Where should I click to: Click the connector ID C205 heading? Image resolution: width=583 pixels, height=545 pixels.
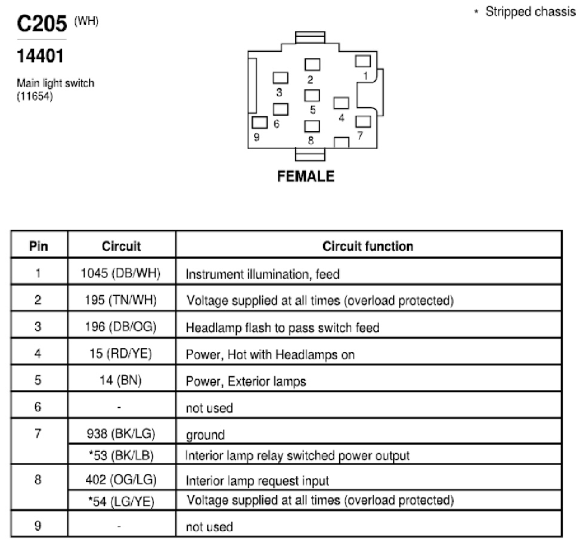(x=42, y=23)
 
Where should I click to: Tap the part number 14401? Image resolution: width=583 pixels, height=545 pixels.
(x=40, y=56)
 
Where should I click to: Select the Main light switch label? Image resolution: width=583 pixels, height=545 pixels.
(x=55, y=83)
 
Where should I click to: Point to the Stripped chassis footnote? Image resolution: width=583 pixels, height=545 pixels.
(x=525, y=11)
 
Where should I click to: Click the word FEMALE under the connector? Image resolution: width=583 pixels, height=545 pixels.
(x=306, y=176)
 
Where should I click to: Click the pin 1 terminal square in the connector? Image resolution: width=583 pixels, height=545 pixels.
(x=363, y=61)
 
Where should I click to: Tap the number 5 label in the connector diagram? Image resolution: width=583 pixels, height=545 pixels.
(x=313, y=110)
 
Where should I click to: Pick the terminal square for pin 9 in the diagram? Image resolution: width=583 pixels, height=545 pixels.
(x=259, y=122)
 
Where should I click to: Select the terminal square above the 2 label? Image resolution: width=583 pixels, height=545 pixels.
(x=312, y=64)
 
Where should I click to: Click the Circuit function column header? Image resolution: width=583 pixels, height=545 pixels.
(x=368, y=246)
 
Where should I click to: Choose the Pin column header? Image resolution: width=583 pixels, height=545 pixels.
(x=39, y=246)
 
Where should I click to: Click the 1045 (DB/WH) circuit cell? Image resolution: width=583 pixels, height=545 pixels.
(x=120, y=273)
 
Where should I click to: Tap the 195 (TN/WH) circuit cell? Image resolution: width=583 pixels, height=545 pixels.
(x=120, y=300)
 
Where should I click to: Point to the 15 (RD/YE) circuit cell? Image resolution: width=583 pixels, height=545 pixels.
(x=120, y=354)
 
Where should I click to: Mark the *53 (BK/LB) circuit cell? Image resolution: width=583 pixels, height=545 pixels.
(x=121, y=456)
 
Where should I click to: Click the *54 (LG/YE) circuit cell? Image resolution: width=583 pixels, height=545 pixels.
(x=121, y=501)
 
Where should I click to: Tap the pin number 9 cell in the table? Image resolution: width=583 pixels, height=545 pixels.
(x=38, y=526)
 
